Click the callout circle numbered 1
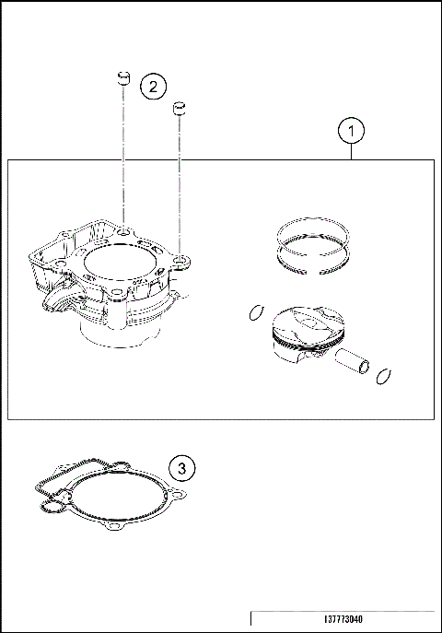coord(350,132)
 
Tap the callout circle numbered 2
coord(153,87)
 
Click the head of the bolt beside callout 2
coord(121,76)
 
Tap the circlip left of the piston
coord(256,313)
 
